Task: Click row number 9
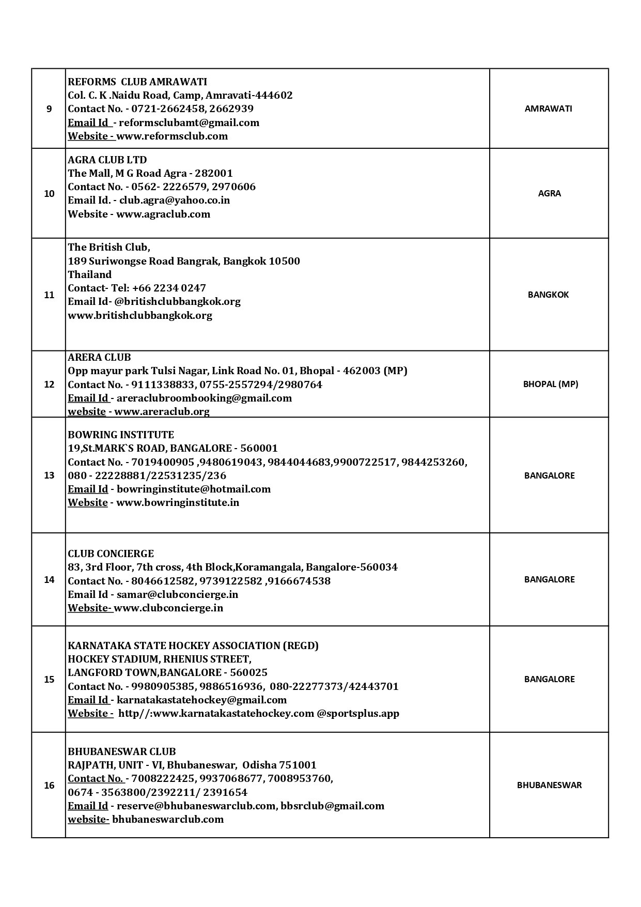49,109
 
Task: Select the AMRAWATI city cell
549,109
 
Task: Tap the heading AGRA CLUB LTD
107,160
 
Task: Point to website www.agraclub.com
163,214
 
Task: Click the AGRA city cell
549,193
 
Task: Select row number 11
49,295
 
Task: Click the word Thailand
90,274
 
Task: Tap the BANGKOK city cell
549,295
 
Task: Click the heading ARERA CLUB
99,357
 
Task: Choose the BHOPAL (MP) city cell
551,384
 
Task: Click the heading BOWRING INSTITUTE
121,435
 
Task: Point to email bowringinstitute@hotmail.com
194,489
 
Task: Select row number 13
49,475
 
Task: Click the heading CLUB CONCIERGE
111,554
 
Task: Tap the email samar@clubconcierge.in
178,594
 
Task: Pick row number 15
49,679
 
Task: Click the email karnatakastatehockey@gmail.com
201,700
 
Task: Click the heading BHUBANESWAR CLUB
122,751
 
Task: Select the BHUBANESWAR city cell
549,785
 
